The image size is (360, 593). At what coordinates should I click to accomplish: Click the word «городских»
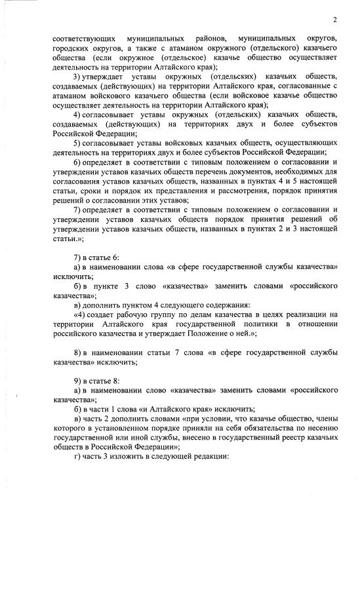click(71, 48)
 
